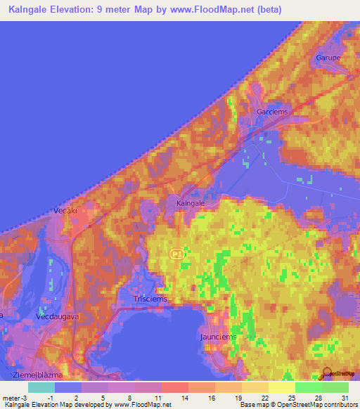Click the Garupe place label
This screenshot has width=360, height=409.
328,57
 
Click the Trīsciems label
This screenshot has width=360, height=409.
149,299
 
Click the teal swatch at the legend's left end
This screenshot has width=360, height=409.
41,387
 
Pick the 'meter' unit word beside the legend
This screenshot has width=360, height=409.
13,398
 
